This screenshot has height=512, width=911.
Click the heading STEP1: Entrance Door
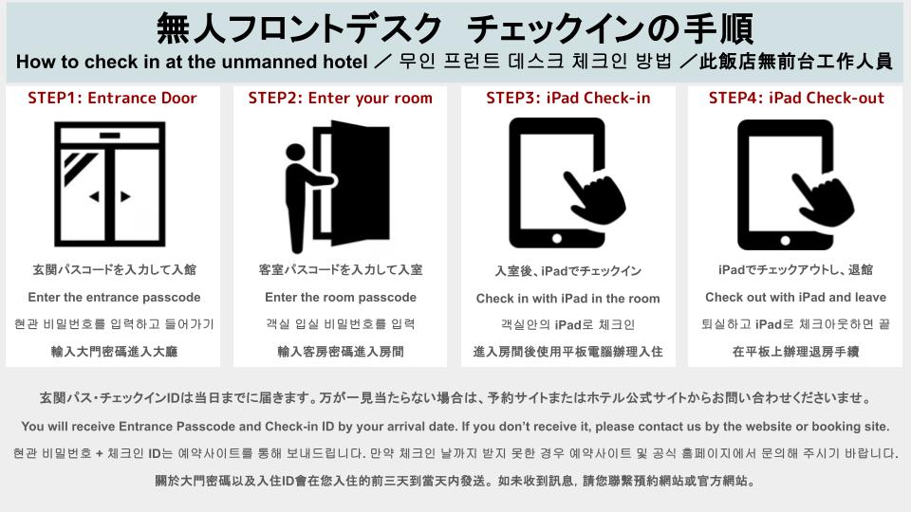112,98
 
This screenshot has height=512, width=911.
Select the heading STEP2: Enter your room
341,98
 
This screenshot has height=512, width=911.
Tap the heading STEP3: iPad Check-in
568,98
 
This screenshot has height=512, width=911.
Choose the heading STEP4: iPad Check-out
796,98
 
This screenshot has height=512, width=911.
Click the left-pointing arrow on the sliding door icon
94,197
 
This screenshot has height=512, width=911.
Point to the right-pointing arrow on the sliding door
125,197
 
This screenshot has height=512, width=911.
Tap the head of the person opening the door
295,153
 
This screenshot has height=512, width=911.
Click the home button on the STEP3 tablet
557,239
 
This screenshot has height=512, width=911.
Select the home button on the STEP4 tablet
786,240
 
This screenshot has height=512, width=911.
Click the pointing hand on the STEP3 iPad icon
596,197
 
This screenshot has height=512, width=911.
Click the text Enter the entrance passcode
114,297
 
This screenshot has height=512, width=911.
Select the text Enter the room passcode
341,297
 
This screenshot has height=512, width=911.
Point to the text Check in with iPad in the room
568,299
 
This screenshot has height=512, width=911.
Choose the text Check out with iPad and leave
796,297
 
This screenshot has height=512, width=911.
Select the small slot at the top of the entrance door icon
110,136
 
